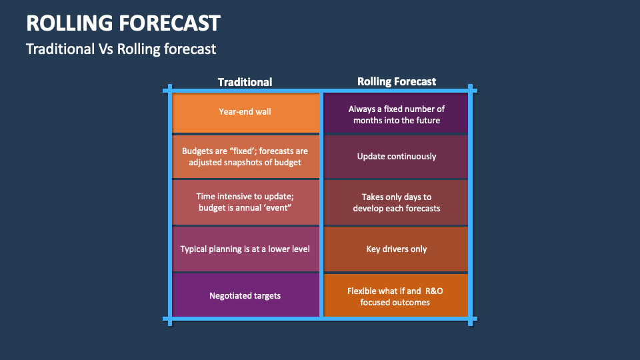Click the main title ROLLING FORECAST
[123, 23]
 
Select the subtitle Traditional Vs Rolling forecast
[121, 49]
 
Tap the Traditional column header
[245, 82]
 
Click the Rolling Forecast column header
[396, 81]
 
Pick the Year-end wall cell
[246, 113]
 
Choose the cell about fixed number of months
[396, 113]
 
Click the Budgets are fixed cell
[246, 157]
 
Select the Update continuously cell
[396, 157]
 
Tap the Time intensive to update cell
[246, 203]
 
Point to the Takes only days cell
[396, 203]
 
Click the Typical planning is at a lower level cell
[246, 249]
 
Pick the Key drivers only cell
[396, 249]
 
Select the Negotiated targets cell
[246, 295]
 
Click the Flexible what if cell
[396, 295]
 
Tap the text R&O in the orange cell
[434, 291]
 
